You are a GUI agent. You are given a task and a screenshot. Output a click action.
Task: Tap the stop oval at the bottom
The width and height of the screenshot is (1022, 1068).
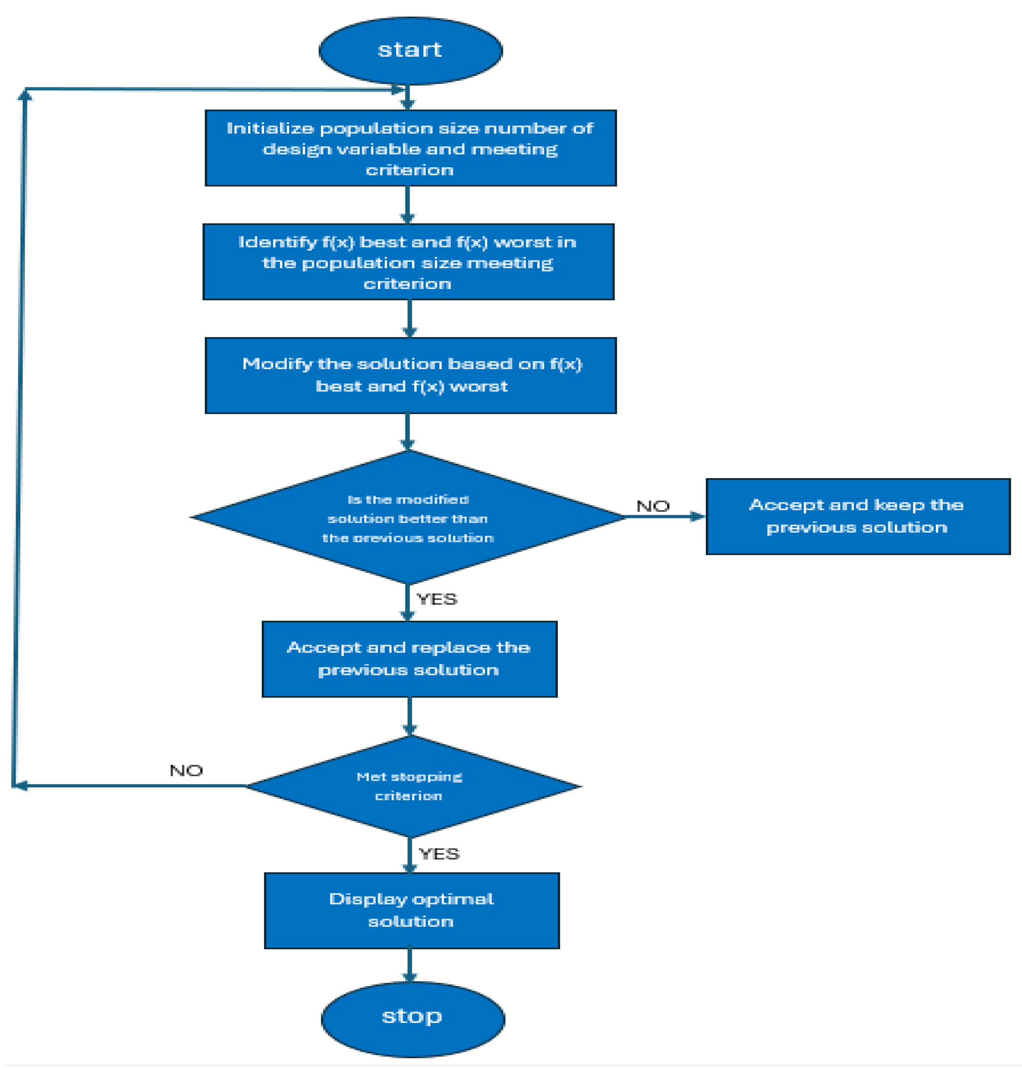pos(412,1018)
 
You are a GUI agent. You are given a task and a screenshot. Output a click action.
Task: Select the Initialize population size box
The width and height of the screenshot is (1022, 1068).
pos(410,148)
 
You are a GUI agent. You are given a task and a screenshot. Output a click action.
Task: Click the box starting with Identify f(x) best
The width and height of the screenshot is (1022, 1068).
pos(408,262)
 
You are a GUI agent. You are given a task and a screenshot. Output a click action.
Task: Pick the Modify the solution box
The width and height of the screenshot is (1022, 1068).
pos(410,375)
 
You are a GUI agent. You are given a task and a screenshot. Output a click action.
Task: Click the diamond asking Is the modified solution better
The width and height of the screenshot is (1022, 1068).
pos(408,518)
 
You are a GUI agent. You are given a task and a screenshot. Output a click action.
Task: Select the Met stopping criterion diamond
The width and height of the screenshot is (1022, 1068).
pos(410,786)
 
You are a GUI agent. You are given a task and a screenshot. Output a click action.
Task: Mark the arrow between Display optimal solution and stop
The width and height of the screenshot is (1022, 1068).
pos(410,965)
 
